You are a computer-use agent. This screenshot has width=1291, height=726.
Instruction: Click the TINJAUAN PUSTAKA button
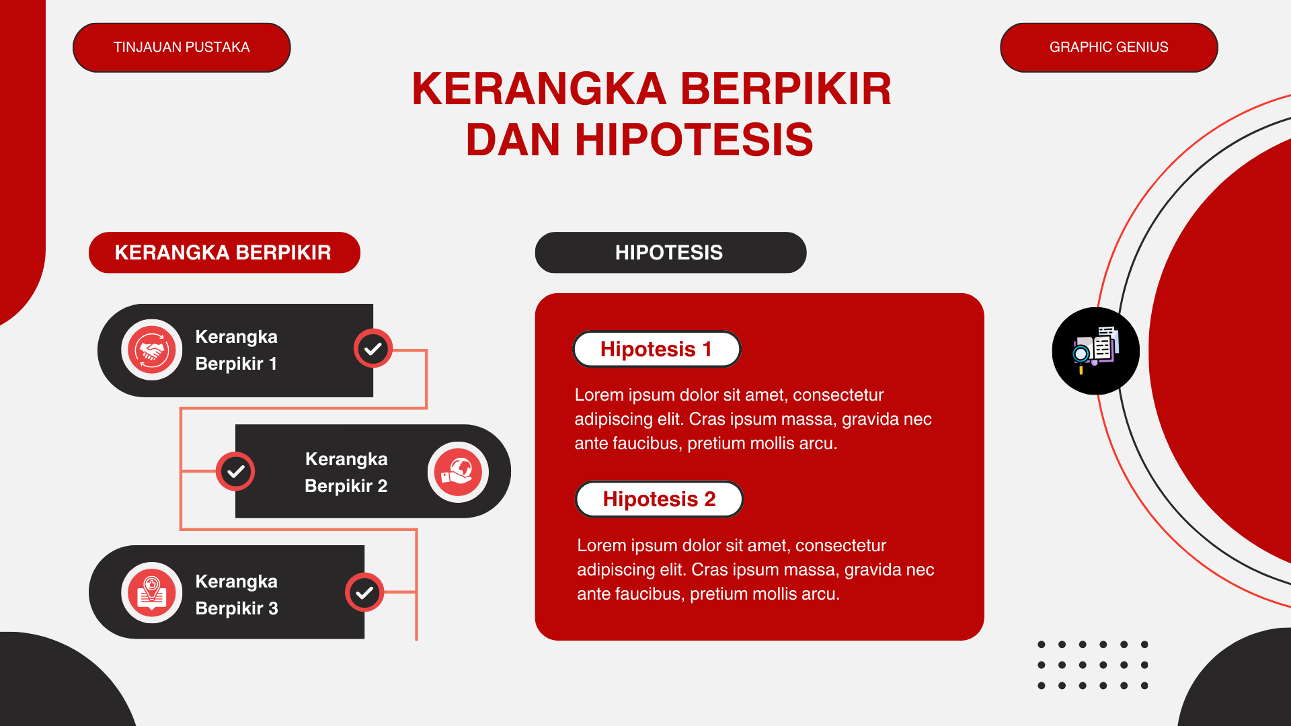click(182, 48)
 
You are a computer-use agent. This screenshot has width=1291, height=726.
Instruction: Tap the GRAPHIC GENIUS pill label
click(1109, 48)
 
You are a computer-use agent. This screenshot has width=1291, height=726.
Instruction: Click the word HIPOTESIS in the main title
click(693, 140)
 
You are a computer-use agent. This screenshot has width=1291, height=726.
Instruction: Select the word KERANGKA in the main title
click(539, 89)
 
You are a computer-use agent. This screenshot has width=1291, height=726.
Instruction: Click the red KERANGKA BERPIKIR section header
click(224, 253)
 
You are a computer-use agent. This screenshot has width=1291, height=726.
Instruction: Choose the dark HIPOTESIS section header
click(670, 253)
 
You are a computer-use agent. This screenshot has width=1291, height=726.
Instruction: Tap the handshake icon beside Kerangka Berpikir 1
click(152, 350)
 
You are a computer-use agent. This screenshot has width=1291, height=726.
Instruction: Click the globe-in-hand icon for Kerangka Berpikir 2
click(458, 472)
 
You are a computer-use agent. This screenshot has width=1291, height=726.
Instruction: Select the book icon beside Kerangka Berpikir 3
click(152, 593)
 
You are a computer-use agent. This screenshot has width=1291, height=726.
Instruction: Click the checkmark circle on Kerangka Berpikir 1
click(373, 348)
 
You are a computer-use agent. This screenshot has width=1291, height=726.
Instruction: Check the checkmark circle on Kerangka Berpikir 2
click(235, 471)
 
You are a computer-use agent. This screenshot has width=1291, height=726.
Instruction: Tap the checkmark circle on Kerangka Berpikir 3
click(364, 592)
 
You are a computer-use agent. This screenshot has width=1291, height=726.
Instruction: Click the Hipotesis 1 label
click(656, 350)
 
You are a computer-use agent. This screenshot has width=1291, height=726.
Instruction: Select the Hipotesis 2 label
click(659, 499)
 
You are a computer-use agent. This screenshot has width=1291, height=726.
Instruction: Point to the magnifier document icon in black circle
click(1095, 351)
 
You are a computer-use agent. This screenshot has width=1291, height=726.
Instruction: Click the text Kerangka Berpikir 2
click(346, 472)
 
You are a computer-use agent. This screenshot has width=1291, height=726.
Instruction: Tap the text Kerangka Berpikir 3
click(237, 594)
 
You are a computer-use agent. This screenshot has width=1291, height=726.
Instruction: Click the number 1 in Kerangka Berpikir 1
click(273, 364)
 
